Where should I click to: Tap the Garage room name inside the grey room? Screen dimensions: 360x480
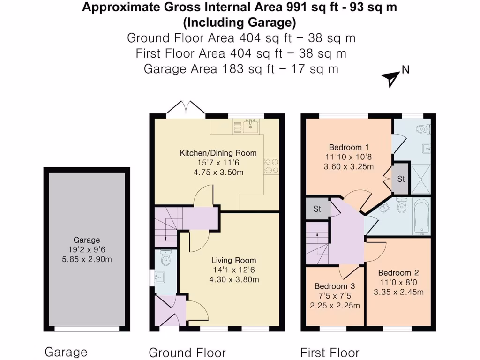[x=86, y=240]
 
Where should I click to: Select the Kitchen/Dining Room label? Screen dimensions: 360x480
[x=218, y=153]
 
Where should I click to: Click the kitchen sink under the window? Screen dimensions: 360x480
[x=251, y=124]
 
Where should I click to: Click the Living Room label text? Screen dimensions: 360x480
[x=234, y=260]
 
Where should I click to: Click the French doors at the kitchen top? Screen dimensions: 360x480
[x=186, y=108]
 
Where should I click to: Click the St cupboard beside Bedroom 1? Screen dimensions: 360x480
[x=401, y=179]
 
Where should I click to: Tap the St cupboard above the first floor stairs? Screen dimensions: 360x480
[x=317, y=209]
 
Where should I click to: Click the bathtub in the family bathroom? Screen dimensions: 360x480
[x=421, y=216]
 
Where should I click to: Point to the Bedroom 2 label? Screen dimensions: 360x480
[x=398, y=273]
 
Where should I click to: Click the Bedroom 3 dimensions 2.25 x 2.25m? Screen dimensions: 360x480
[x=335, y=306]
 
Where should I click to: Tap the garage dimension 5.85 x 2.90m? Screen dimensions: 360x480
[x=86, y=259]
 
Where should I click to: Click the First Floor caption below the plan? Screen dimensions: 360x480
[x=330, y=352]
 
